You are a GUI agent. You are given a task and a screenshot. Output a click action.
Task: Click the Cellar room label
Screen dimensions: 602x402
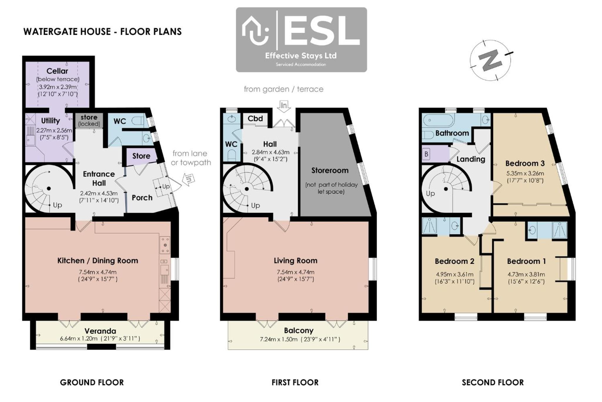point(57,71)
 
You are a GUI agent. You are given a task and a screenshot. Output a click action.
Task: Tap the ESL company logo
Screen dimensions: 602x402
point(301,40)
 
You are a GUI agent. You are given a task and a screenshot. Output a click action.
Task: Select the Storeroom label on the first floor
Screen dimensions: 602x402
point(330,171)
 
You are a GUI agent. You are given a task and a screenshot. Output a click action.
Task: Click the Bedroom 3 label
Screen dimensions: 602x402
point(525,164)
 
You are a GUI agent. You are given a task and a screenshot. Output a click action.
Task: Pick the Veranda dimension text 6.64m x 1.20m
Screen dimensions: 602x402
point(79,339)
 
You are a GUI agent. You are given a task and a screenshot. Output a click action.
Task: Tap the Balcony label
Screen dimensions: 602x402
point(299,331)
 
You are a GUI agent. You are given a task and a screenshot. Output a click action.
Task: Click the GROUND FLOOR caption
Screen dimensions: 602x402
point(92,383)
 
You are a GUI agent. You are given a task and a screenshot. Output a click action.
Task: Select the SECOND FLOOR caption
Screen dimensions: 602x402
point(493,383)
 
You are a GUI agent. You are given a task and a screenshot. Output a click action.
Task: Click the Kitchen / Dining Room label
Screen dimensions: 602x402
point(98,261)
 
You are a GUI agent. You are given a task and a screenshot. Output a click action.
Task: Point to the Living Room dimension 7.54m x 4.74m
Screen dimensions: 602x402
point(295,272)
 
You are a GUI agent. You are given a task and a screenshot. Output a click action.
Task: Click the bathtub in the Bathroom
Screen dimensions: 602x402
point(438,120)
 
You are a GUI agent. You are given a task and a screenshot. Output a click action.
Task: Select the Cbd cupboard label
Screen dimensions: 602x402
point(255,119)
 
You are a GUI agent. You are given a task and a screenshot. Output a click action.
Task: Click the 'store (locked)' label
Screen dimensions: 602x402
point(89,121)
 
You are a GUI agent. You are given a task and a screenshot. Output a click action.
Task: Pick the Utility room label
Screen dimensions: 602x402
point(50,121)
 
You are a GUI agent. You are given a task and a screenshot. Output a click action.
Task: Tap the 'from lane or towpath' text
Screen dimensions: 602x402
point(191,158)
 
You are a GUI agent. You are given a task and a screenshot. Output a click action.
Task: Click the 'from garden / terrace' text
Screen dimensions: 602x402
point(284,89)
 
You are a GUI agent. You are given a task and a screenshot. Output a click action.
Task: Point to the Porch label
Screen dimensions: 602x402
point(142,198)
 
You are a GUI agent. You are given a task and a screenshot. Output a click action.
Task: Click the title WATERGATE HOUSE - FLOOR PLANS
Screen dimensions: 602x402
point(103,32)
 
